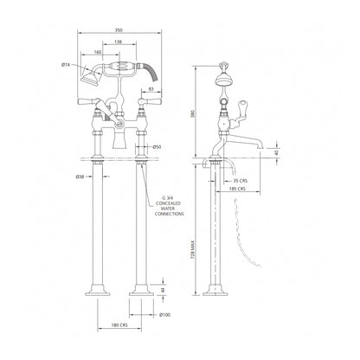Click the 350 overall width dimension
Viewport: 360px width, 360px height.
pyautogui.click(x=118, y=33)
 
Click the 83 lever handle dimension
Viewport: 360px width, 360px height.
pyautogui.click(x=151, y=88)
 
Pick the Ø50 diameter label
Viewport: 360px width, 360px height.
pyautogui.click(x=157, y=147)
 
